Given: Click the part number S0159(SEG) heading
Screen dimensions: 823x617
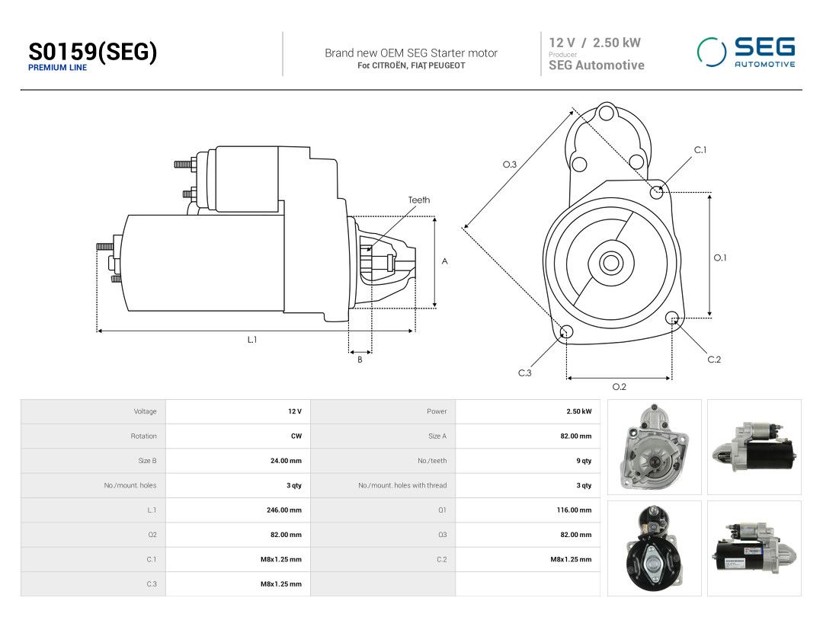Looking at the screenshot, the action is [x=92, y=52].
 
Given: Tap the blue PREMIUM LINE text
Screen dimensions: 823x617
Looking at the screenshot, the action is [x=57, y=68].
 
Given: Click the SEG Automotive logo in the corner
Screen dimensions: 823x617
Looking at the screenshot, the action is [x=746, y=52].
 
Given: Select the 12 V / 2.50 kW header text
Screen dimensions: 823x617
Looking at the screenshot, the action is [x=594, y=43].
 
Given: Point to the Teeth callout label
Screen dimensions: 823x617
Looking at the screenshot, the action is [x=419, y=200].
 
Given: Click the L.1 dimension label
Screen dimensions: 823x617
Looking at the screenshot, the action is [x=252, y=340].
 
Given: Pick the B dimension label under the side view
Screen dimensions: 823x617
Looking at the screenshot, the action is [x=360, y=360].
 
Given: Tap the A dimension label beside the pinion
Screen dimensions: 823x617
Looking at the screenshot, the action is [x=444, y=261].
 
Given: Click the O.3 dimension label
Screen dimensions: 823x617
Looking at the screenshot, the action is [x=510, y=165].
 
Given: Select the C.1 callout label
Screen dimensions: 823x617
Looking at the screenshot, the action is [x=700, y=150].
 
